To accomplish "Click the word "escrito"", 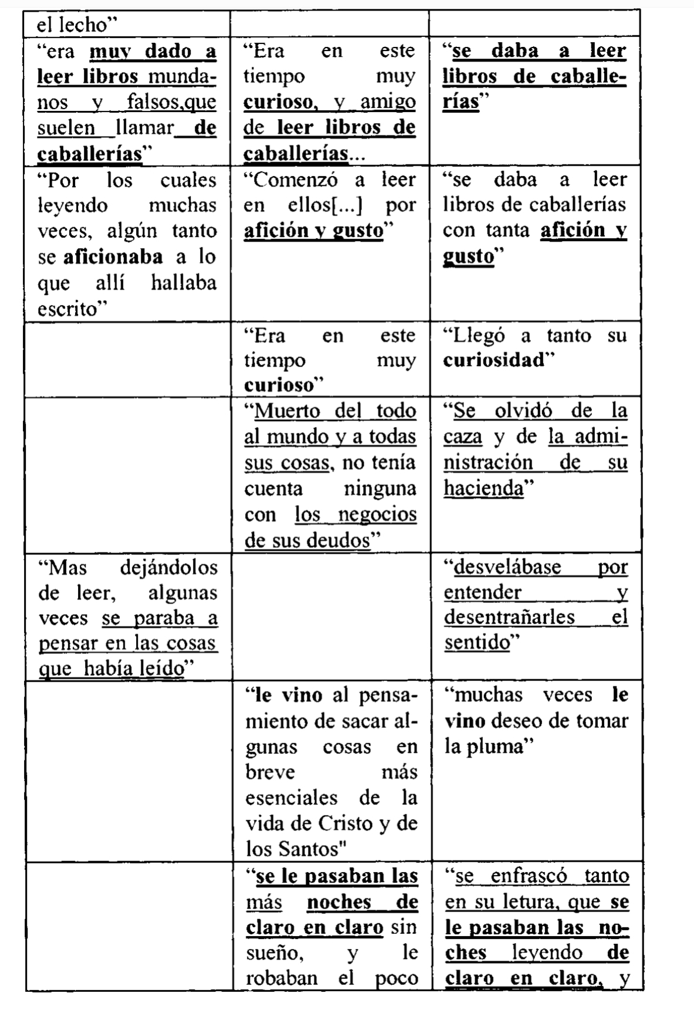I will click(67, 309).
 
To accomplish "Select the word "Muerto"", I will click(287, 411).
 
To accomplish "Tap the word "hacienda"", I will click(483, 489).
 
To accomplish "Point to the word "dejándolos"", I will click(168, 568).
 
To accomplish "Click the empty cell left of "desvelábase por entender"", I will click(331, 616).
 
